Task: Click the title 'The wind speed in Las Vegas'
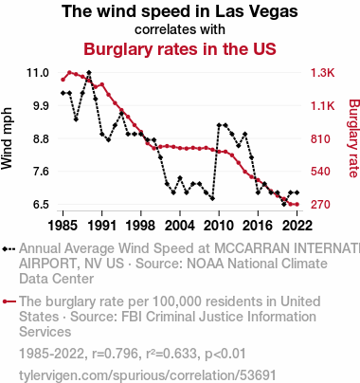(x=180, y=11)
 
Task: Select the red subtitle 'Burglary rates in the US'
(x=180, y=49)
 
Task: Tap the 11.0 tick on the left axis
(x=38, y=73)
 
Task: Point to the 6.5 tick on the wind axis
(x=41, y=205)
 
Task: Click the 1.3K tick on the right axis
(x=322, y=73)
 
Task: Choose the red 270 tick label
(x=320, y=205)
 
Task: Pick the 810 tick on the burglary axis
(x=320, y=138)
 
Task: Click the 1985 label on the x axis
(x=63, y=226)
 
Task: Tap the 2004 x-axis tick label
(x=180, y=226)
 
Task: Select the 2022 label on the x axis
(x=297, y=226)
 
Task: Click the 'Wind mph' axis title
(x=7, y=138)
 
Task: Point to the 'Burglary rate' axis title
(x=354, y=138)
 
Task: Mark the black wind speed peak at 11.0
(x=89, y=73)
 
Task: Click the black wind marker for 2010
(x=219, y=125)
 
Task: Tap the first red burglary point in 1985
(x=63, y=80)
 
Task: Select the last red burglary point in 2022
(x=297, y=205)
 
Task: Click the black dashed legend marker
(x=9, y=249)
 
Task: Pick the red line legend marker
(x=9, y=301)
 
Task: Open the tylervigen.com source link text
(x=148, y=375)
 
